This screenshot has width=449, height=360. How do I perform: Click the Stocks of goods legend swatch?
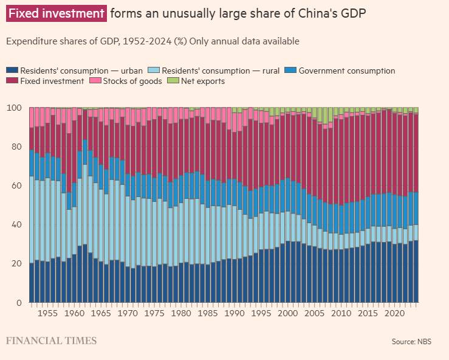point(95,81)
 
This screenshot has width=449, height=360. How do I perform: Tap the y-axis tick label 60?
point(16,186)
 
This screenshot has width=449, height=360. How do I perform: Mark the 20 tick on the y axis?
point(16,264)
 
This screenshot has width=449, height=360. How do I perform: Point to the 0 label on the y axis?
point(19,303)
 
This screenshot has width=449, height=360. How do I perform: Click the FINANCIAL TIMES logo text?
point(52,341)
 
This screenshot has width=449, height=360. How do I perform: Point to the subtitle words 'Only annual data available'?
point(245,41)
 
